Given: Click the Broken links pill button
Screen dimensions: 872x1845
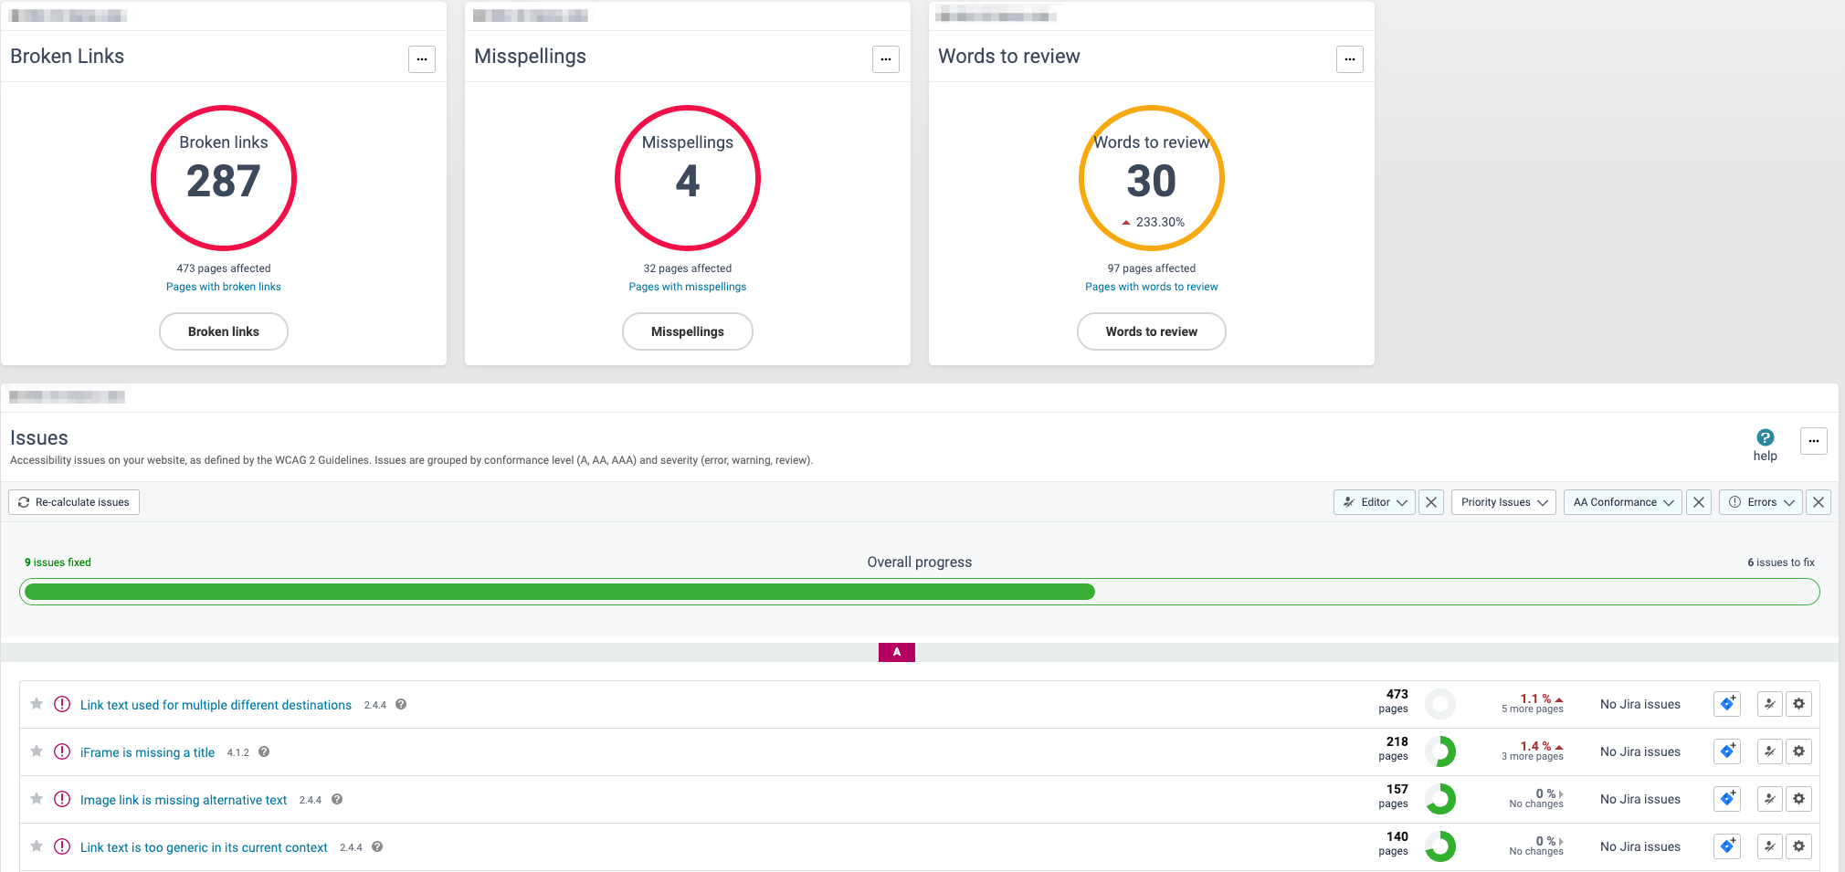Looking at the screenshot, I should click(224, 331).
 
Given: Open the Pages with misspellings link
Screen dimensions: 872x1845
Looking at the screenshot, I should click(687, 287).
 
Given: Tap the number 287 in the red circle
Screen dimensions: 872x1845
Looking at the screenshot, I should click(224, 181).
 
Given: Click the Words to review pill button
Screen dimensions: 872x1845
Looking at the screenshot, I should click(1151, 331).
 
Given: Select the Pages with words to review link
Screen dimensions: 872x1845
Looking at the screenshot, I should click(1151, 287).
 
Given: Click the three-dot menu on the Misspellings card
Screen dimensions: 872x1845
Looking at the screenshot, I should click(885, 59).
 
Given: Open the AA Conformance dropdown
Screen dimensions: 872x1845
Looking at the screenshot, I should click(1622, 502).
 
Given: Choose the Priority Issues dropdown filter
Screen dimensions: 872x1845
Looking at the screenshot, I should click(1503, 502).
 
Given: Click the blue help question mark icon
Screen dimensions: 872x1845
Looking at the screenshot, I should click(1765, 438).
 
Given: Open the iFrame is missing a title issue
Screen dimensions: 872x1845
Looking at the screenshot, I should click(147, 752).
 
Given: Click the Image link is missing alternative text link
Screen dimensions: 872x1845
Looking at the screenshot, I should click(184, 800).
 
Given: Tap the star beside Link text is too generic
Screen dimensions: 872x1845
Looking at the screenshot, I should click(37, 846).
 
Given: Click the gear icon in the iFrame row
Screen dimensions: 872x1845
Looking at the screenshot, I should click(1798, 751).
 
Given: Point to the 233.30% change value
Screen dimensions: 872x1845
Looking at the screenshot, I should click(1159, 222).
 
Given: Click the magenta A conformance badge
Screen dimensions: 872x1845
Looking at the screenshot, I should click(896, 652).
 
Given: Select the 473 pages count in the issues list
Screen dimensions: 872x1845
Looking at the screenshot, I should click(1396, 700).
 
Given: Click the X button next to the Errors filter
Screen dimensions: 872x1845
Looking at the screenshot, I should click(1819, 502).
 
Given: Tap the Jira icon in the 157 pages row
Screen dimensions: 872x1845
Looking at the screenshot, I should click(1726, 799).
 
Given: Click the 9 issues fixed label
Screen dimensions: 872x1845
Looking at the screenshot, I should click(58, 562).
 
